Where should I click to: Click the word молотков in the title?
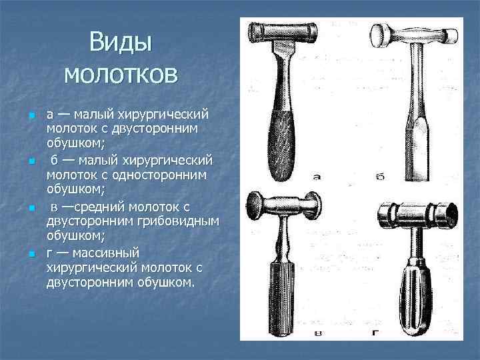pyautogui.click(x=121, y=73)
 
